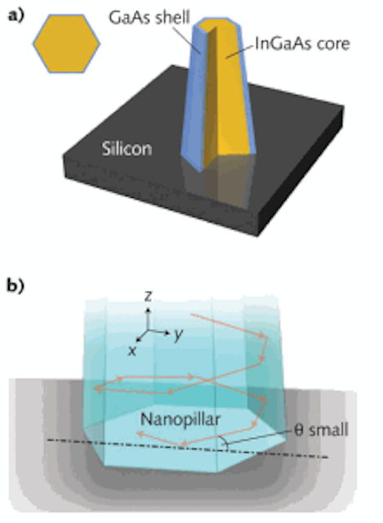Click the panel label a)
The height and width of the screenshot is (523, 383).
pos(16,16)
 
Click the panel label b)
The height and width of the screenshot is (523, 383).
pos(16,286)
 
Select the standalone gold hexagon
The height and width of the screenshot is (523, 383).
pos(66,43)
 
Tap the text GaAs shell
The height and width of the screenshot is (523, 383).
pos(149,17)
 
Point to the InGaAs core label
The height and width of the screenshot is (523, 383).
pos(302,43)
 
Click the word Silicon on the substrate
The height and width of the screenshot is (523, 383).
pos(127,149)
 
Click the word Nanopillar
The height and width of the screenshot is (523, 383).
pos(180,419)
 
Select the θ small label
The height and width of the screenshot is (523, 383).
pos(321,430)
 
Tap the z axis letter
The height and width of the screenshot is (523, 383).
pos(148,296)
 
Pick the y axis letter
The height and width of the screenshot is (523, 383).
pos(179,334)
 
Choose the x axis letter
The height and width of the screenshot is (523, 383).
pos(132,351)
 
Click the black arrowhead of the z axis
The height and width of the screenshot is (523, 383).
pos(149,310)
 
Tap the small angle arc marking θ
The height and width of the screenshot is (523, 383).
pos(225,442)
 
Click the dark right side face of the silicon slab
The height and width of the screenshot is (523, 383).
pos(300,173)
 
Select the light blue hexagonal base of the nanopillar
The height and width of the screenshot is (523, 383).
pos(185,440)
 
